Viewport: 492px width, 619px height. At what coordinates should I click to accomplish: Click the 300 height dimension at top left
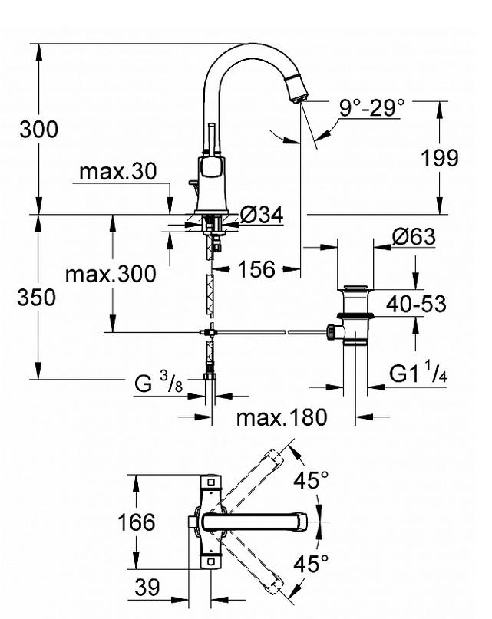[x=38, y=130]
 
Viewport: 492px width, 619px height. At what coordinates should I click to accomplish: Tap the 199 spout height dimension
[x=439, y=158]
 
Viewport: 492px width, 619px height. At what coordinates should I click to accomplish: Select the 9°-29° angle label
[x=371, y=107]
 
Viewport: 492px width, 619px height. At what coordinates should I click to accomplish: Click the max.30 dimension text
[x=117, y=171]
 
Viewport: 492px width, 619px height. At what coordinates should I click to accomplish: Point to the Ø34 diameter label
[x=262, y=215]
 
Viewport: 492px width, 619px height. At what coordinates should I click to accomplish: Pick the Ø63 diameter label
[x=414, y=236]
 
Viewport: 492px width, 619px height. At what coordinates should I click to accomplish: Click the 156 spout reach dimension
[x=256, y=270]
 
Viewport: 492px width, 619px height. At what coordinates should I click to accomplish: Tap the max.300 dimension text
[x=111, y=274]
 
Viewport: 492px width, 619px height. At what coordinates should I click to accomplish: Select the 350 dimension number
[x=36, y=298]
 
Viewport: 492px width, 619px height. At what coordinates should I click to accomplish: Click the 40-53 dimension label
[x=416, y=305]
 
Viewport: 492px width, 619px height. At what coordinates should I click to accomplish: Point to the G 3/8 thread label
[x=158, y=382]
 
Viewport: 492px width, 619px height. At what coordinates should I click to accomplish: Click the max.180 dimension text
[x=282, y=417]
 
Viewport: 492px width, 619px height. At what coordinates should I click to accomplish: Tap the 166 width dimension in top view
[x=137, y=522]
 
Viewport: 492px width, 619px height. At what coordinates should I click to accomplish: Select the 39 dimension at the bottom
[x=147, y=588]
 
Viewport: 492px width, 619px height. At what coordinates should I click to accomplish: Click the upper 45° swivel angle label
[x=311, y=480]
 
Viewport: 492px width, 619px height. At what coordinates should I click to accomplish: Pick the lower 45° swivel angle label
[x=311, y=563]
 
